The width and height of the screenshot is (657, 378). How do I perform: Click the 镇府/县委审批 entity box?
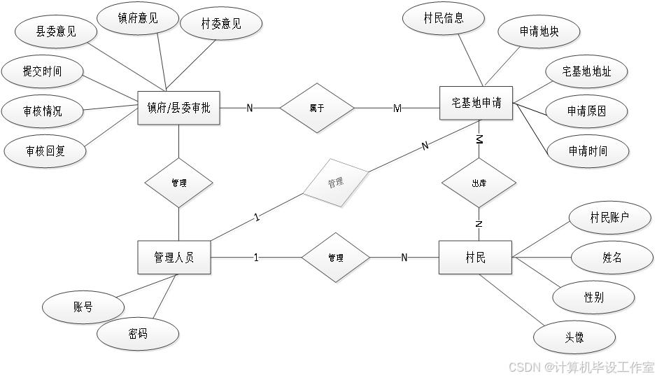[x=180, y=108]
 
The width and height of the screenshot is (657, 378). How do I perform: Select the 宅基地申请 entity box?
[x=476, y=104]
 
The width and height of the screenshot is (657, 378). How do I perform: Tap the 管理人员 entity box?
[x=175, y=258]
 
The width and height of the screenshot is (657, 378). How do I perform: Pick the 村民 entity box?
[x=476, y=258]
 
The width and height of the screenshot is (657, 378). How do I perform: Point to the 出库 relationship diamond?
[x=479, y=183]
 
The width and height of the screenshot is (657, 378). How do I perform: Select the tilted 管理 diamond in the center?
[x=336, y=183]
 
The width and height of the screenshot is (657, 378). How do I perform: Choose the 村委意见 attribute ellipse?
[x=222, y=23]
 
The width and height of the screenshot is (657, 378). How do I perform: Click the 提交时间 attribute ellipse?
[x=43, y=71]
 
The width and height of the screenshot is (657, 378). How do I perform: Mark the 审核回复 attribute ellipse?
[x=45, y=150]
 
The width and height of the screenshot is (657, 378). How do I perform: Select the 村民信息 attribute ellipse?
[x=444, y=18]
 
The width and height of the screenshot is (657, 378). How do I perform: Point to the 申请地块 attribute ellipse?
[x=539, y=31]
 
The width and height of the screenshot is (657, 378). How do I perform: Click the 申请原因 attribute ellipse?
[x=587, y=111]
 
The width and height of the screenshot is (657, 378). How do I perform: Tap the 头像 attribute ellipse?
[x=574, y=339]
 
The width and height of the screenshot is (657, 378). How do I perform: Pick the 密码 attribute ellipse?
[x=138, y=333]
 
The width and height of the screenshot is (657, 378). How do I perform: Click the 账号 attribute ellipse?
[x=83, y=307]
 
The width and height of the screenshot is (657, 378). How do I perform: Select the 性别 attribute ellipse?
[x=594, y=297]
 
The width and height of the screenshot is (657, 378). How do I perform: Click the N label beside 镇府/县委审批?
[x=250, y=108]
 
